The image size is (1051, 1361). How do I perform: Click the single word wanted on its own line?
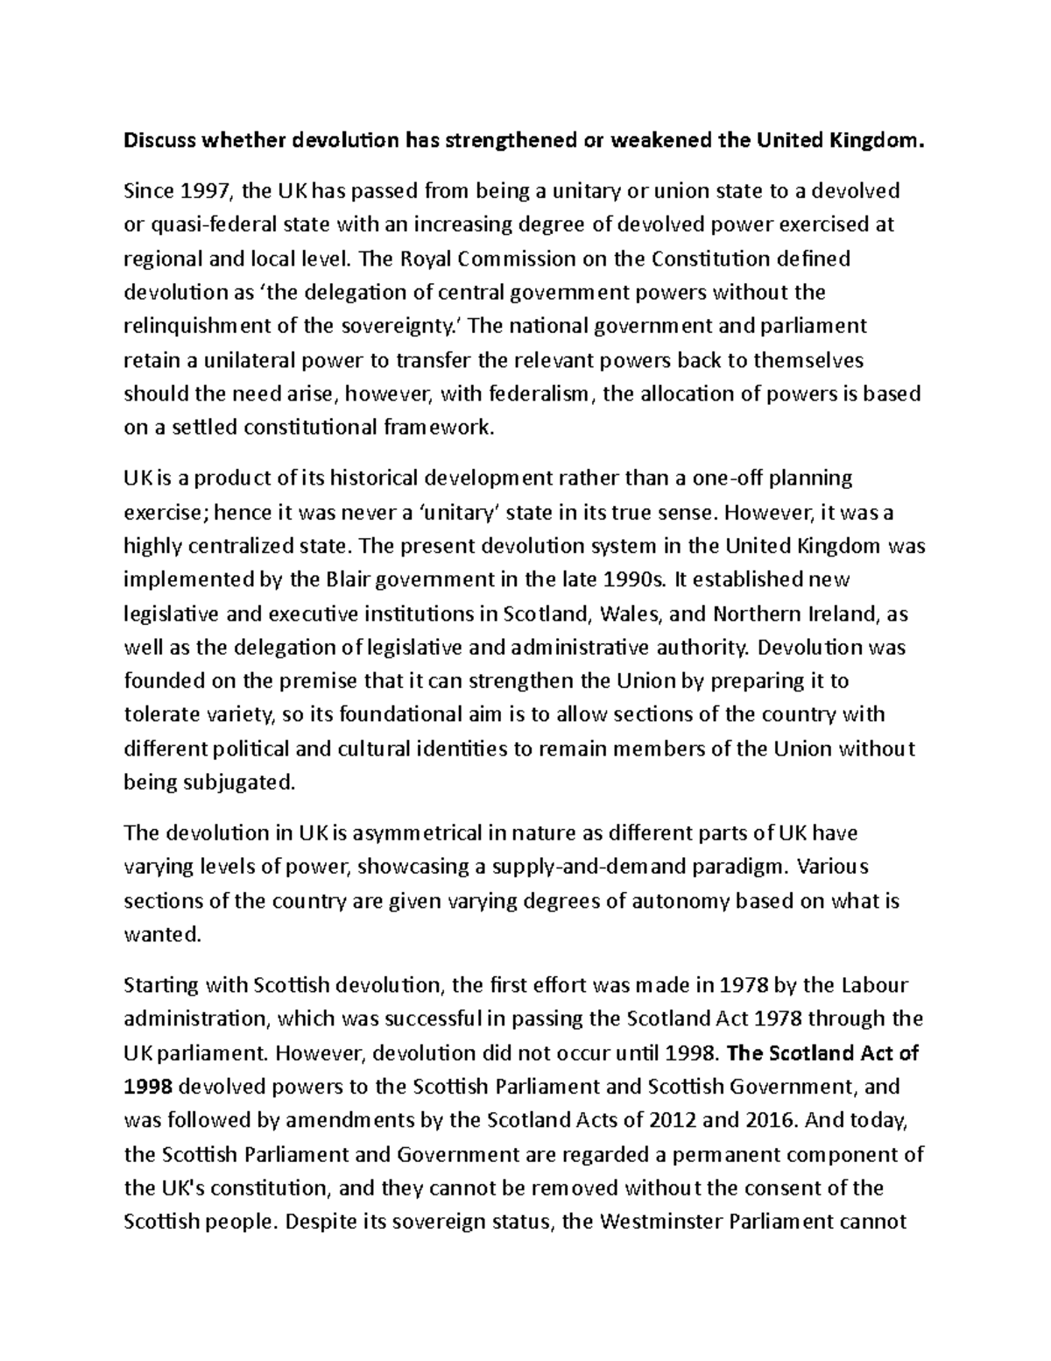click(162, 935)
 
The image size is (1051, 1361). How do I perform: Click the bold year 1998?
click(150, 1088)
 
